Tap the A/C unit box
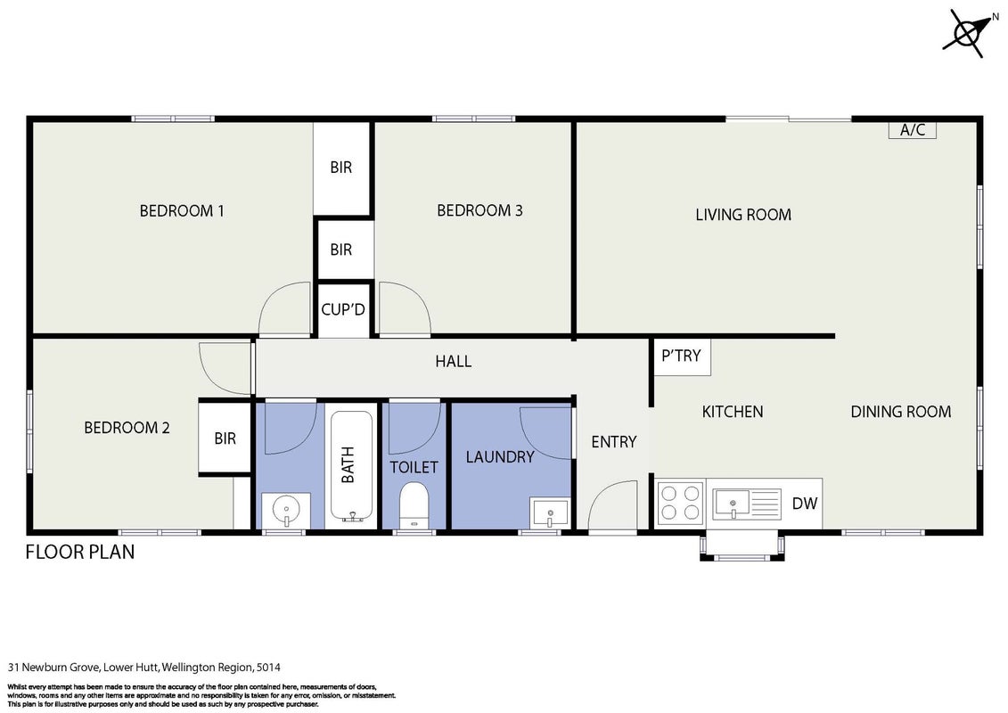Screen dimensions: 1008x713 [x=913, y=130]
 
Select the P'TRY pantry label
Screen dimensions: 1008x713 [x=681, y=356]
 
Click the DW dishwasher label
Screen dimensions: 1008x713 [x=804, y=504]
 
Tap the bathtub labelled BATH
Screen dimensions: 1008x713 [x=351, y=466]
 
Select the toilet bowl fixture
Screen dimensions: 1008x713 [x=414, y=505]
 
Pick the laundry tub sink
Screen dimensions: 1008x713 [x=550, y=513]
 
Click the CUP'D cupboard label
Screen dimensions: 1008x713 [x=343, y=309]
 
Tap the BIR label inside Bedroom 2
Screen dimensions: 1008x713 [x=225, y=438]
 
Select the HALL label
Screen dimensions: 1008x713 [x=454, y=361]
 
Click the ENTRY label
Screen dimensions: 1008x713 [x=614, y=442]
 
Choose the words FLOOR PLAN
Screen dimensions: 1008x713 [x=80, y=552]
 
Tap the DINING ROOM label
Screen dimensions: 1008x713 [x=901, y=412]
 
